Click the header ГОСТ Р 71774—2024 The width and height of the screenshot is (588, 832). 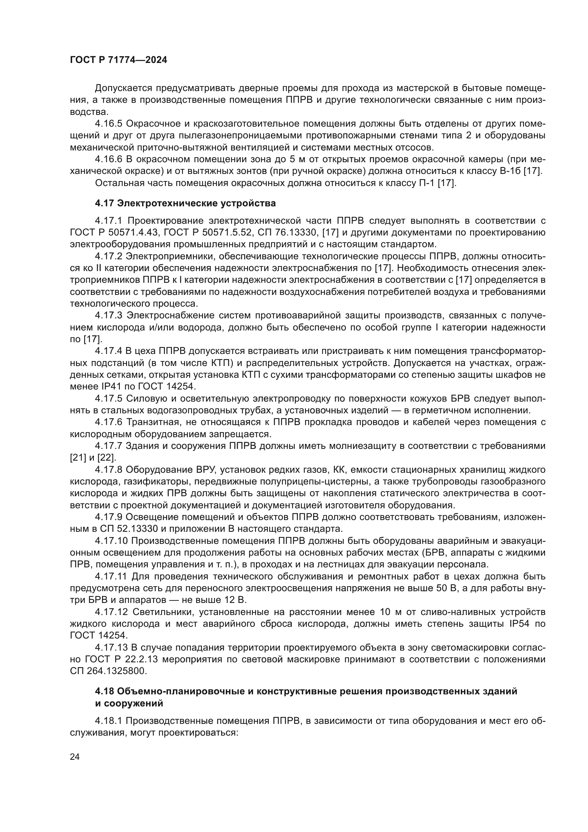(x=118, y=60)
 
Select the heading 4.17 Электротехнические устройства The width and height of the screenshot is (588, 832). (x=185, y=203)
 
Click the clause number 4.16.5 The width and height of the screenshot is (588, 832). (x=109, y=124)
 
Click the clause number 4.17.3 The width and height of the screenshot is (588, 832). (x=109, y=316)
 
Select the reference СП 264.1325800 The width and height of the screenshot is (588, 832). (x=108, y=671)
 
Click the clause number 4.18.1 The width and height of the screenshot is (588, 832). (x=109, y=721)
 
